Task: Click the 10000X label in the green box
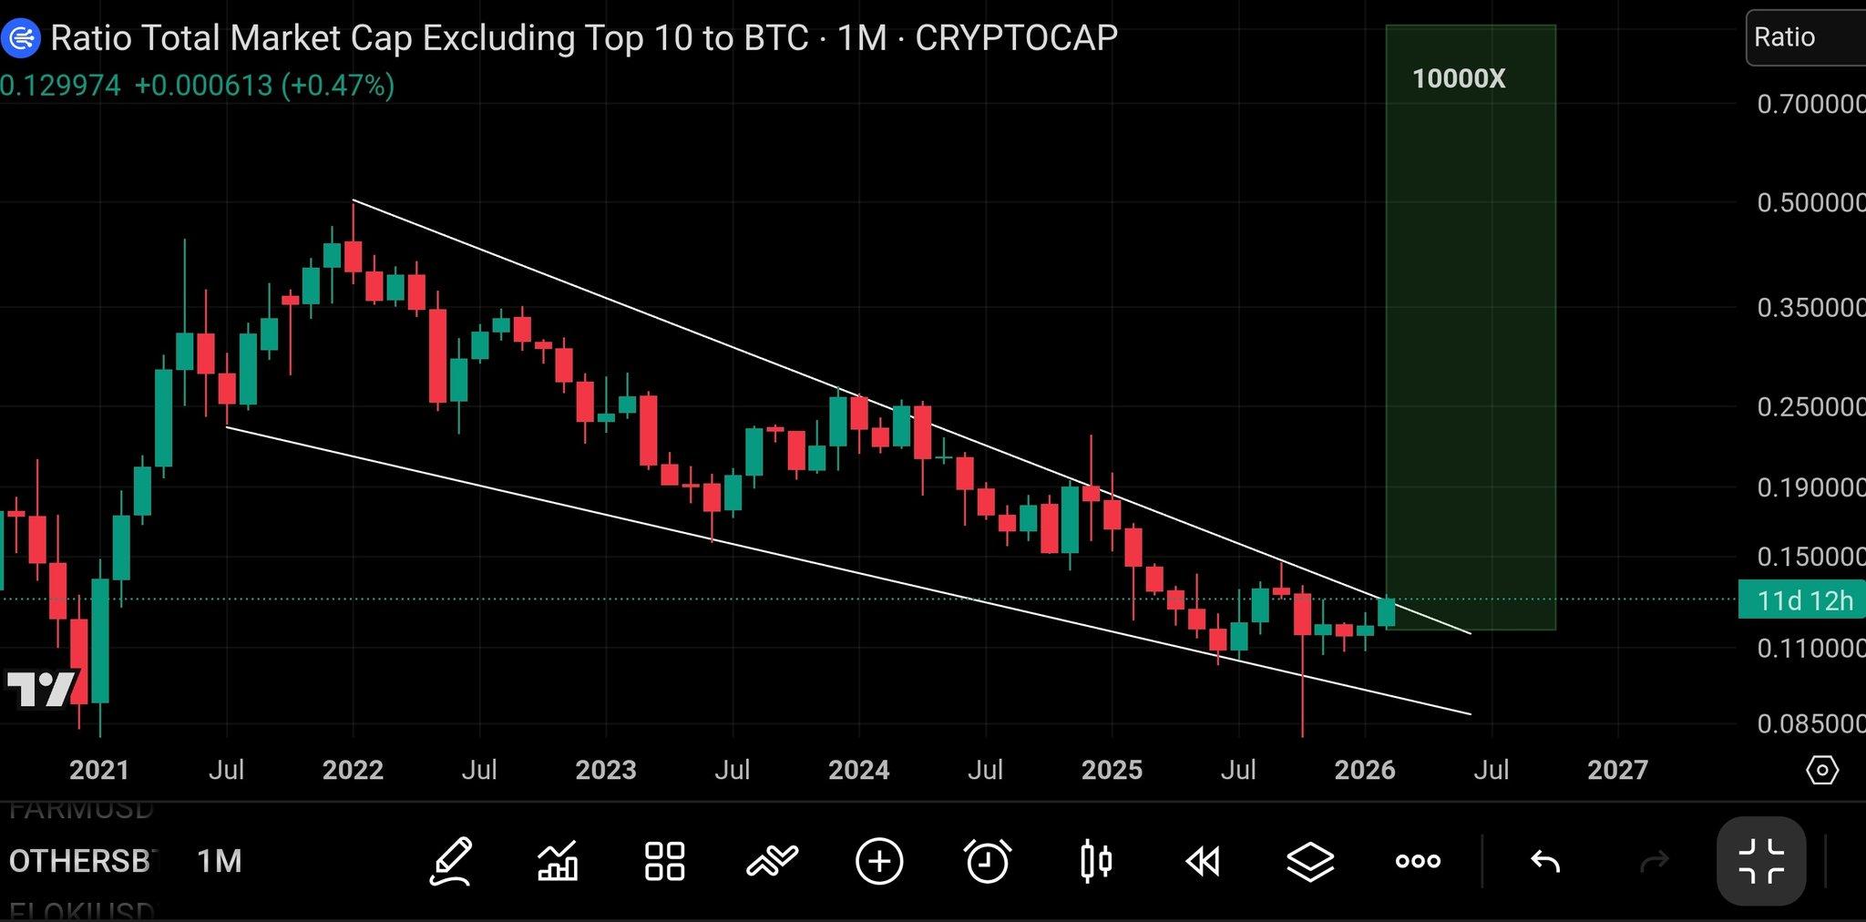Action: (x=1458, y=79)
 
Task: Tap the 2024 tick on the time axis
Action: (x=858, y=770)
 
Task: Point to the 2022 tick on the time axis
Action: (x=353, y=770)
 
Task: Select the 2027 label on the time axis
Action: (x=1617, y=770)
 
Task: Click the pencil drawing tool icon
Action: (x=451, y=861)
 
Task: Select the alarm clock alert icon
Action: (x=987, y=861)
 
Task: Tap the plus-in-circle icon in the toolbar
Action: (x=879, y=861)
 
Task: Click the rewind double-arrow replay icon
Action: (x=1203, y=861)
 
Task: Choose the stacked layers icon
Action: (x=1310, y=861)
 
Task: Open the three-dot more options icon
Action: (x=1418, y=861)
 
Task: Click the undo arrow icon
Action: (x=1545, y=861)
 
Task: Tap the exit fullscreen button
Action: (x=1760, y=861)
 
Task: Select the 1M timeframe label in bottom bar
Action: (x=220, y=861)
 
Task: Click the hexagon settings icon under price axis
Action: (x=1821, y=771)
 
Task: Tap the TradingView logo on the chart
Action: (x=40, y=689)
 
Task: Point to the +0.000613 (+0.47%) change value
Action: (x=264, y=86)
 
